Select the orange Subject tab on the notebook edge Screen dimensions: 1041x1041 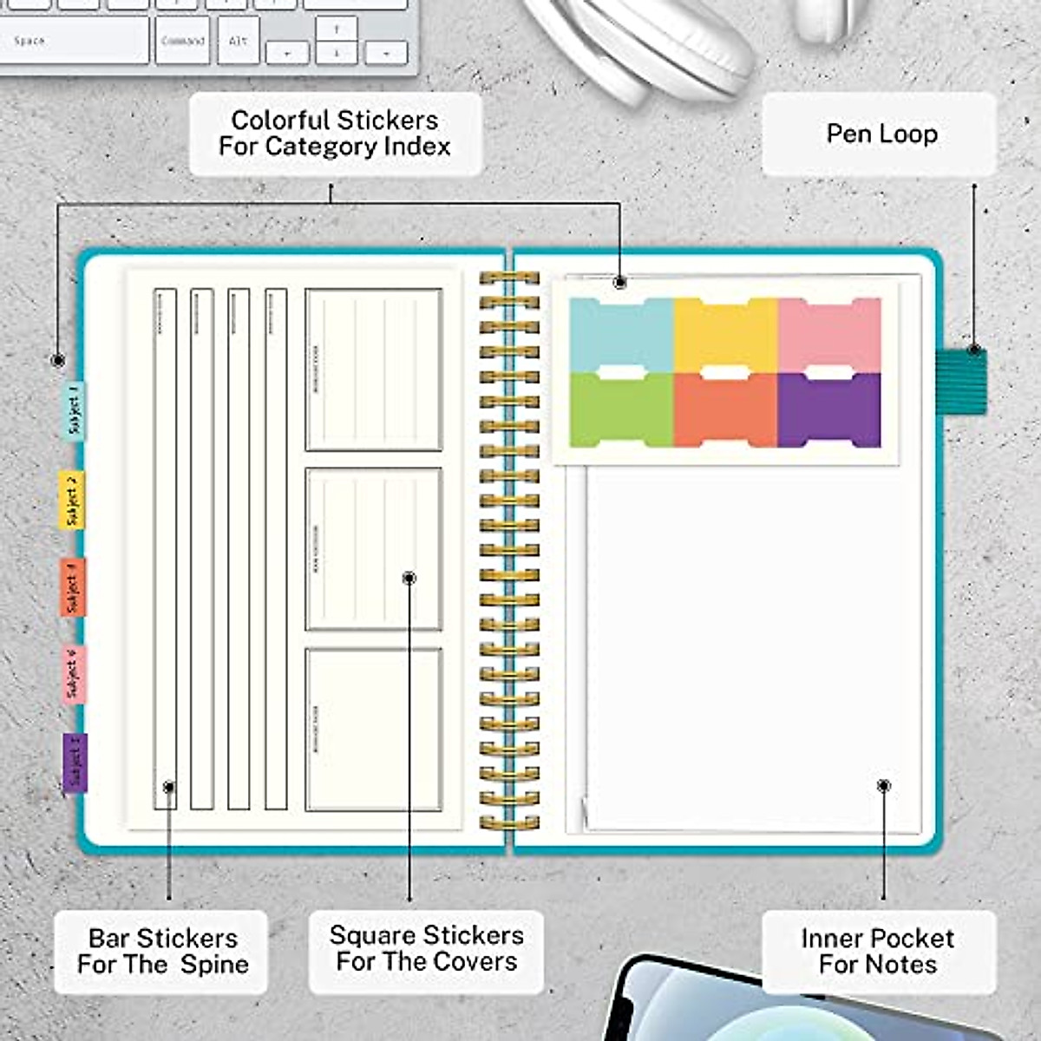coord(73,587)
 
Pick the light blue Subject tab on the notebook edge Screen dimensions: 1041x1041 coord(75,410)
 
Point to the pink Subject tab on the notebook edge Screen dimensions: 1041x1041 coord(74,674)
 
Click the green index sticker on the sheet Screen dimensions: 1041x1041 coord(621,409)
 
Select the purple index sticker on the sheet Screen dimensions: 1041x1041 coord(829,409)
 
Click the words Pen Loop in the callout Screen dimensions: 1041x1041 coord(881,134)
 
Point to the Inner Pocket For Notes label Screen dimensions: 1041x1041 coord(878,951)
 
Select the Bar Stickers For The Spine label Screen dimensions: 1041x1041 coord(162,951)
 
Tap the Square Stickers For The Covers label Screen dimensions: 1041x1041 coord(426,948)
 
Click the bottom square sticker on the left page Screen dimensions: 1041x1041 coord(374,730)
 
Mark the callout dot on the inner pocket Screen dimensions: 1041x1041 coord(883,786)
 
